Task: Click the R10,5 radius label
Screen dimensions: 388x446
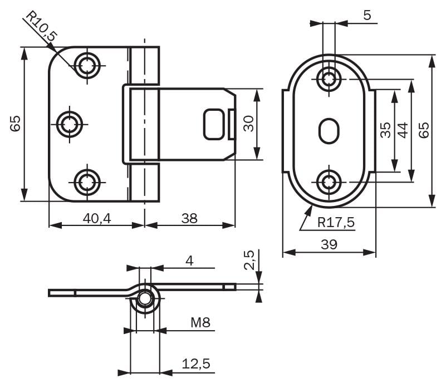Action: [42, 28]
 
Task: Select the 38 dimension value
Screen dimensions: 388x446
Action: [189, 218]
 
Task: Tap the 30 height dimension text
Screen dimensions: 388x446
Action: [249, 124]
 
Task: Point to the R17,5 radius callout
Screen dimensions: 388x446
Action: [336, 223]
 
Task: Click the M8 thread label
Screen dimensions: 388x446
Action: [200, 322]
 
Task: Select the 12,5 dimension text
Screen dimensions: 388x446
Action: [196, 364]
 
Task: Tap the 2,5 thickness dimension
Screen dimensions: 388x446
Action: [249, 259]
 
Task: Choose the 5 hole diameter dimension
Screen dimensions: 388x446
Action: [366, 16]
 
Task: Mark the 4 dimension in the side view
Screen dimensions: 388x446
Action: [189, 260]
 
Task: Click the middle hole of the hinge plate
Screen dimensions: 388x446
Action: [70, 123]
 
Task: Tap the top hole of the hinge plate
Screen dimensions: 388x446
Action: [86, 65]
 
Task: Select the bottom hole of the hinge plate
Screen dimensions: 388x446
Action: [86, 181]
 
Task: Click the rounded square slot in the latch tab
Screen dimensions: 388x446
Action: [214, 124]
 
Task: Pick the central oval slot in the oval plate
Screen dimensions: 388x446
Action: [328, 130]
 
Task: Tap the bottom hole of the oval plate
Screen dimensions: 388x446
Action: [329, 181]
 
